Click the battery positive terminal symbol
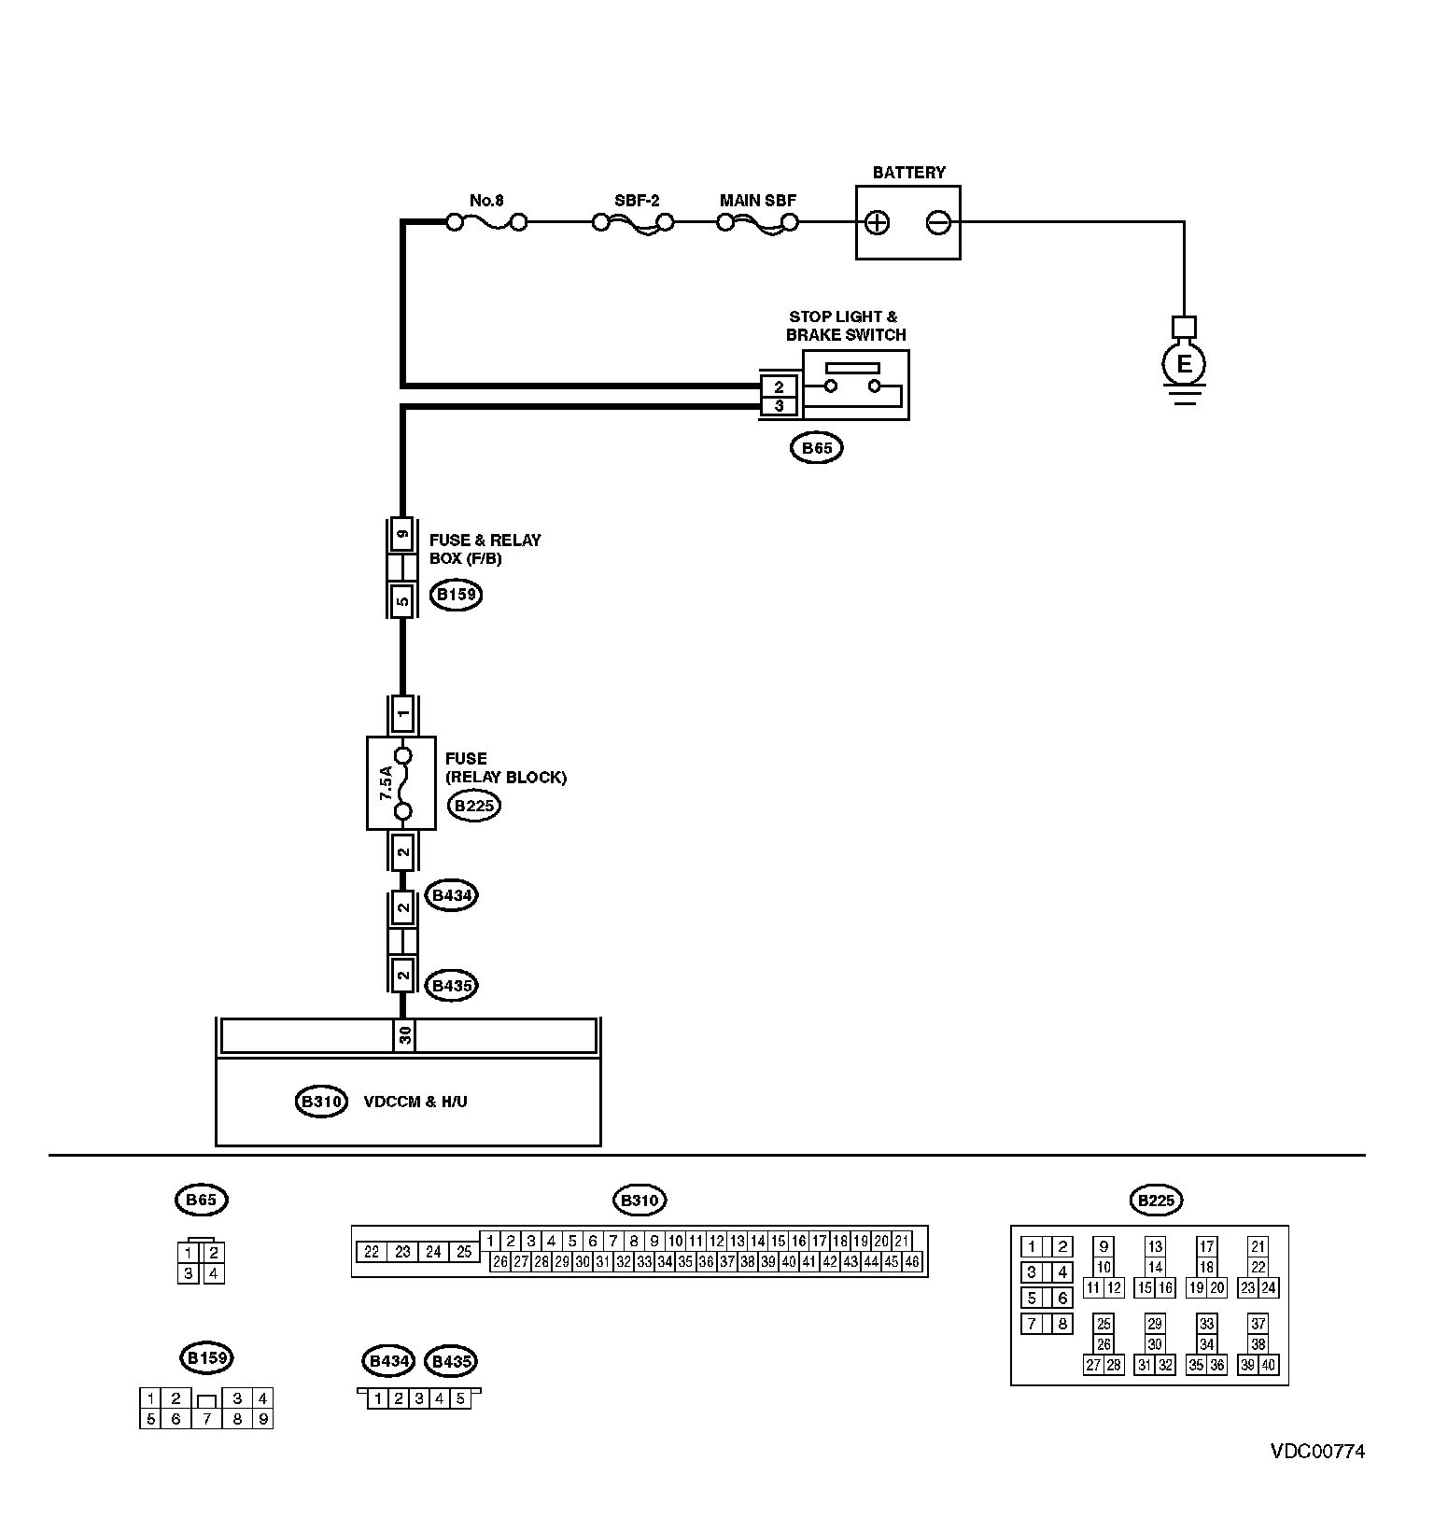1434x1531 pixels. [878, 223]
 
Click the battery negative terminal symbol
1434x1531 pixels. [938, 223]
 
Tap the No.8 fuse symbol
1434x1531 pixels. [486, 222]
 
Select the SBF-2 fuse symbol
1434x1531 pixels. [634, 223]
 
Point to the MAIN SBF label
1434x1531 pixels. [758, 201]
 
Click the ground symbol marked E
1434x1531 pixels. [1184, 364]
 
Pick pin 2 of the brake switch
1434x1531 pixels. [780, 386]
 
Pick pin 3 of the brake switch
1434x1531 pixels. [780, 406]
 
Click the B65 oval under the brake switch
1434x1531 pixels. [817, 448]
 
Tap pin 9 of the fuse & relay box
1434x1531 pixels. [402, 535]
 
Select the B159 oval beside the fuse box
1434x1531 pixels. [456, 595]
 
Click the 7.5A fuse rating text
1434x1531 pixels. [386, 782]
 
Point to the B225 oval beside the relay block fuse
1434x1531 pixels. [474, 806]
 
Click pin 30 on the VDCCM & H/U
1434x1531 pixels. [404, 1036]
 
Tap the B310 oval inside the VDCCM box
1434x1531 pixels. [321, 1102]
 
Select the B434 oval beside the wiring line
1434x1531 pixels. [451, 895]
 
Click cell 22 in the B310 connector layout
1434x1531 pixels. [372, 1252]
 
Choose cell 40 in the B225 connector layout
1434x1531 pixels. [1270, 1365]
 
